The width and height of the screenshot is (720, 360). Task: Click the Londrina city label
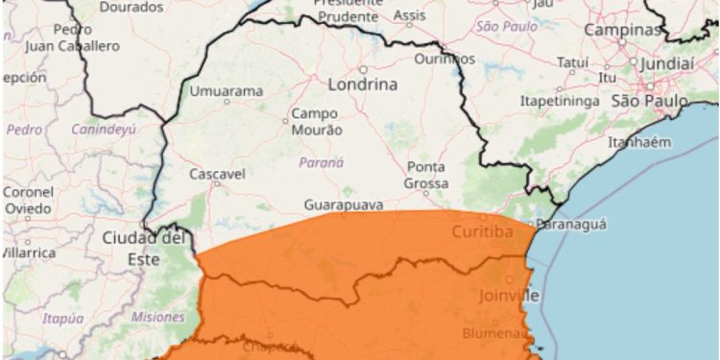(x=362, y=84)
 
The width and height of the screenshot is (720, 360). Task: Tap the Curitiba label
(x=483, y=230)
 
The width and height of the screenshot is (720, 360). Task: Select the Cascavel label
(x=216, y=174)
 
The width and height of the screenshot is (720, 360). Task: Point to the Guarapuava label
(x=344, y=205)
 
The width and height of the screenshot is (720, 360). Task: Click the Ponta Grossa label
(x=427, y=174)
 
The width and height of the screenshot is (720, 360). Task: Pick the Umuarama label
(x=227, y=91)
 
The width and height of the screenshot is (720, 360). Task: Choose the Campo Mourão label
(x=317, y=121)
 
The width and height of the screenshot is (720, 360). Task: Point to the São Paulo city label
(x=650, y=101)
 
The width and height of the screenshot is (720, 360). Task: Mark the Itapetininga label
(x=560, y=100)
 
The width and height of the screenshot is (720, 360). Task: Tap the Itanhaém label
(x=663, y=141)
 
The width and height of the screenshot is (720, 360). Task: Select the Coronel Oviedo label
(x=28, y=200)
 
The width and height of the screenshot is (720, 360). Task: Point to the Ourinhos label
(x=444, y=59)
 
